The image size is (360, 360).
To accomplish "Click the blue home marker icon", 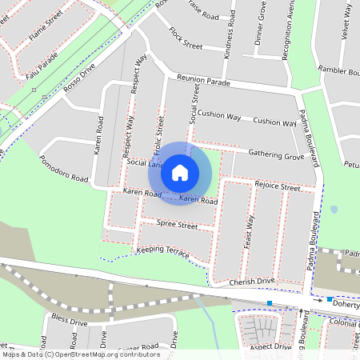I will [180, 171].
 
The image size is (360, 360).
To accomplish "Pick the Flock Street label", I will [186, 38].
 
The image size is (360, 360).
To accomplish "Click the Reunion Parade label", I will [203, 81].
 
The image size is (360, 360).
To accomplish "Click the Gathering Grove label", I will [276, 154].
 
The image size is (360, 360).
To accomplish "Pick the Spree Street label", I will [177, 226].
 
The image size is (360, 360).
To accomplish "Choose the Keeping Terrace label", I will [163, 252].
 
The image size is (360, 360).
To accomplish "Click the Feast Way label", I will [249, 231].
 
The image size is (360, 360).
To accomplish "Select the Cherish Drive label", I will [251, 282].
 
